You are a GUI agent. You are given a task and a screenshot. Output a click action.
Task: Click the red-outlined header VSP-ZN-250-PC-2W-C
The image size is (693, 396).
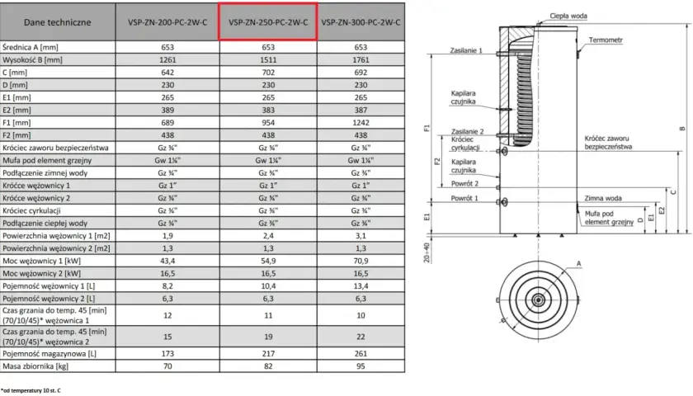(268, 21)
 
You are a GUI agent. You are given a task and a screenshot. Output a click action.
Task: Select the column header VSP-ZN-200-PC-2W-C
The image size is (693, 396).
(167, 22)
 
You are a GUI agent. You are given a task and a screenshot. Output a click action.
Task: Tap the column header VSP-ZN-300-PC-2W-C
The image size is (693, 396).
(361, 22)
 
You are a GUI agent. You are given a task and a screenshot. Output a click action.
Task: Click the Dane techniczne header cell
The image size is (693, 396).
(58, 22)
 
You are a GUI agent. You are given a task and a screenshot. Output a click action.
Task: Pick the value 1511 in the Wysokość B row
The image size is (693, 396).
(268, 59)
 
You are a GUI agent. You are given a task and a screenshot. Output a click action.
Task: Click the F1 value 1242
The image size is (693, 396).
(361, 122)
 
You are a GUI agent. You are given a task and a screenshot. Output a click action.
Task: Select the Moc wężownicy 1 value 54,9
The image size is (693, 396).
(268, 261)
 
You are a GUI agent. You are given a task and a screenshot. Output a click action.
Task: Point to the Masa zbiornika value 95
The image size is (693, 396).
(361, 366)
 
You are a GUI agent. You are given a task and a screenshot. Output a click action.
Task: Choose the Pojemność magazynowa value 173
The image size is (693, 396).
(167, 354)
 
